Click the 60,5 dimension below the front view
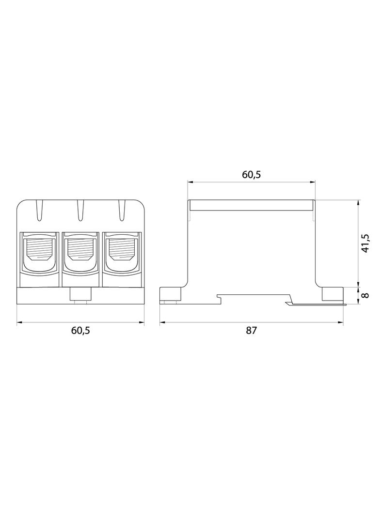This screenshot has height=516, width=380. click(x=81, y=331)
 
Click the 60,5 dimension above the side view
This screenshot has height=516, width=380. click(x=252, y=175)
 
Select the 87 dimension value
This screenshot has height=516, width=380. click(x=251, y=331)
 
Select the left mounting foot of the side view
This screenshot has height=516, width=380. click(x=171, y=294)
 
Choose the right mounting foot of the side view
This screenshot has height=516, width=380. click(x=332, y=294)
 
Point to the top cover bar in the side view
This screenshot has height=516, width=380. click(x=252, y=206)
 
